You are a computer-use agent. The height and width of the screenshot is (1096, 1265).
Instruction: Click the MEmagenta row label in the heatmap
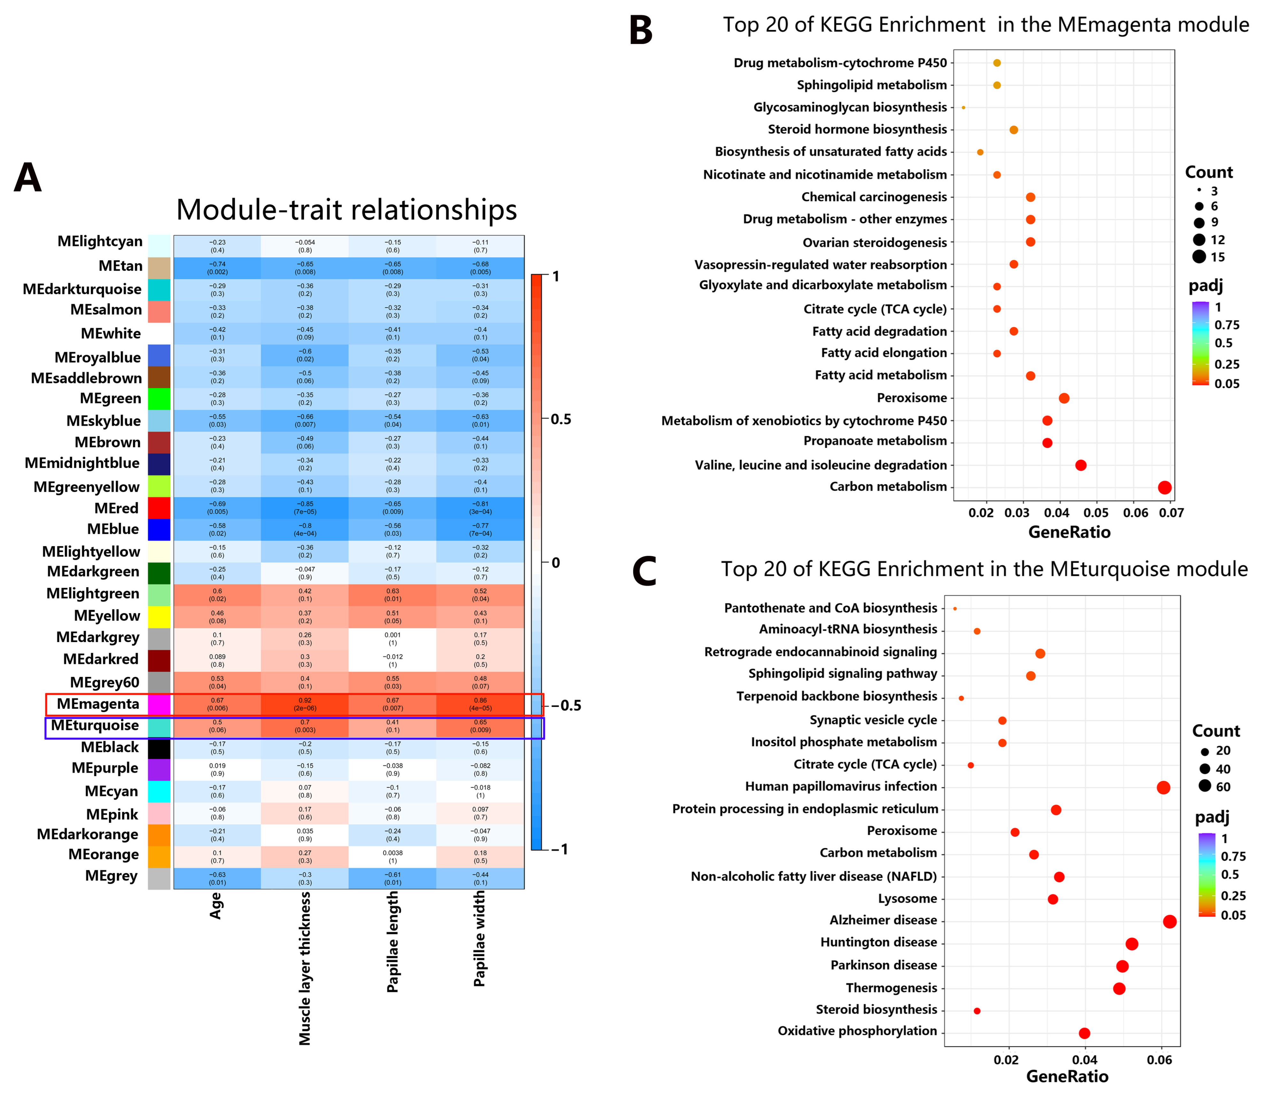98,704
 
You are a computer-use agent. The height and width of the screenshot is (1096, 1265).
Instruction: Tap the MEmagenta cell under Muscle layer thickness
305,704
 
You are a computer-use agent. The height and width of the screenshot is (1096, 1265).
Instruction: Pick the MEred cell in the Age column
217,508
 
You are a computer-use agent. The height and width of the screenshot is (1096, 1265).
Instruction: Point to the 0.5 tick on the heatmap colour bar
560,420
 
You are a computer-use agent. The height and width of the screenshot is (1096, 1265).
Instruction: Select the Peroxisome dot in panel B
1064,398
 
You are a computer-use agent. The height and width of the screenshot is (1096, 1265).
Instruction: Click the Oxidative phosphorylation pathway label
857,1031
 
